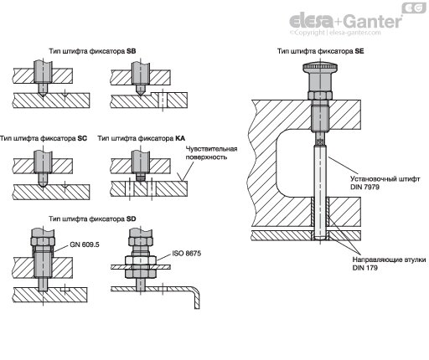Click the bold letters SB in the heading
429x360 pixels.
tap(132, 51)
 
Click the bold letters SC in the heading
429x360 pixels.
tap(82, 138)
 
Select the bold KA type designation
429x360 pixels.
tap(180, 138)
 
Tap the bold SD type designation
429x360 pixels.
tap(131, 219)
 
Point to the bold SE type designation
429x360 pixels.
tap(359, 51)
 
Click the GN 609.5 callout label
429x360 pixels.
tap(85, 244)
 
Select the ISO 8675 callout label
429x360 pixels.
tap(186, 254)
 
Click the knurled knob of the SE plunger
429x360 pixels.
tap(320, 68)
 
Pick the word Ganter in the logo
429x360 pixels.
tap(372, 22)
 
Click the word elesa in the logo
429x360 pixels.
tap(311, 20)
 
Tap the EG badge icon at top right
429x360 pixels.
tap(414, 8)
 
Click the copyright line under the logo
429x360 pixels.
tap(335, 33)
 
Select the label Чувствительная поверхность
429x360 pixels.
tap(211, 153)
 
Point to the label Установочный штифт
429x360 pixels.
tap(385, 179)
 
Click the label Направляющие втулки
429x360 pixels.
tap(389, 260)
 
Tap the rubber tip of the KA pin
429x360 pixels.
tap(141, 177)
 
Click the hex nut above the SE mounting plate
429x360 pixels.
tap(320, 95)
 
